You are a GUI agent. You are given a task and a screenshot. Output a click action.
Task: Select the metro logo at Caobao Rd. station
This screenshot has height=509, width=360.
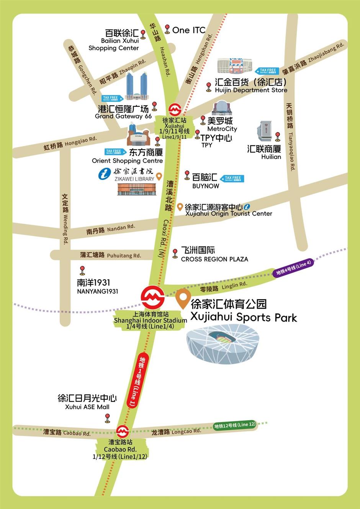coord(122,432)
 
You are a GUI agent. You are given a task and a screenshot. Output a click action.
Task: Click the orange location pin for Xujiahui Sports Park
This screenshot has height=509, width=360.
coord(183,299)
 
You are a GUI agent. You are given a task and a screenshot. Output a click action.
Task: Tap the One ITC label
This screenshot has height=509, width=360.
coord(188,30)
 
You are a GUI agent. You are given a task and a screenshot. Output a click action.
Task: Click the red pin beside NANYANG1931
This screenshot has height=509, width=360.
coord(82,270)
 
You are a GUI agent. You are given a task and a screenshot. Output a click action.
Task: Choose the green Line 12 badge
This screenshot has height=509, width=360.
coord(234,425)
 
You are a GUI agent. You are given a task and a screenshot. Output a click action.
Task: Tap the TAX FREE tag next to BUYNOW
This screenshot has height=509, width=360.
coord(232,178)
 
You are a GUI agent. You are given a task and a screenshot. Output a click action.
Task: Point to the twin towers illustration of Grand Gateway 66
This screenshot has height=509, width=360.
coord(136,87)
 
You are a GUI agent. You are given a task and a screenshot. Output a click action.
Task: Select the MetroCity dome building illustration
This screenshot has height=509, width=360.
coord(222,108)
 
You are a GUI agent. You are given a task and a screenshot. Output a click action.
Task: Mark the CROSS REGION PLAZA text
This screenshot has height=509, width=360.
coord(214,259)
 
